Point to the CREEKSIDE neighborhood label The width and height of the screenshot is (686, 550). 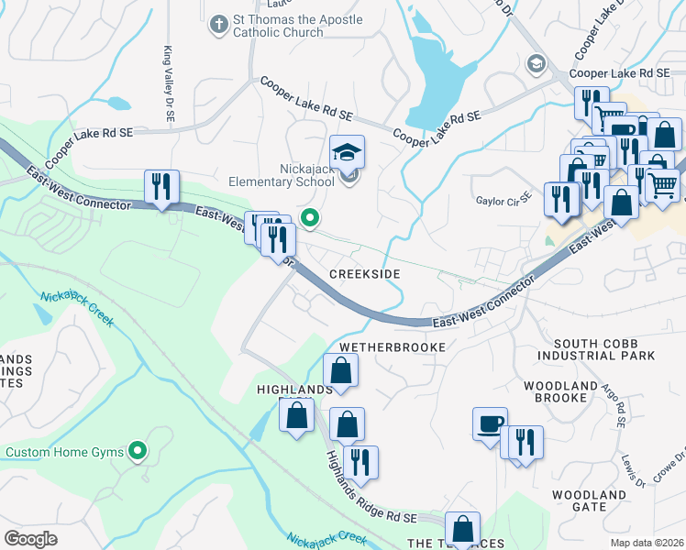[366, 274]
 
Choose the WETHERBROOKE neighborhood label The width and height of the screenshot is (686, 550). [392, 347]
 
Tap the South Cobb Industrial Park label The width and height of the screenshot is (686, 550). [596, 348]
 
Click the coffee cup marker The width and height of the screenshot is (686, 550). [490, 423]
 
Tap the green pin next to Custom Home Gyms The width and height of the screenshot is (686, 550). [138, 450]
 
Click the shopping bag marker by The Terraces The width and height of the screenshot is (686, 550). [462, 529]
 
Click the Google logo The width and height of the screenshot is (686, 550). [30, 539]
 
